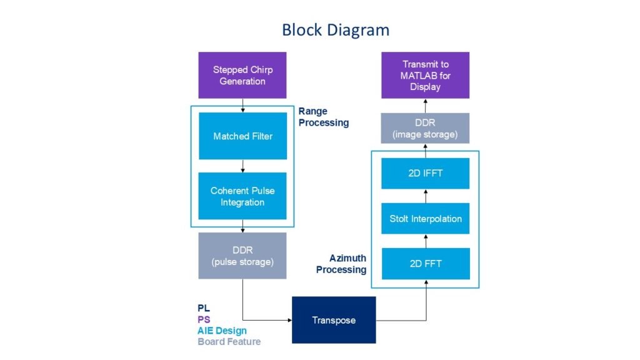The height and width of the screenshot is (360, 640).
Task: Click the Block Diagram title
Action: [335, 29]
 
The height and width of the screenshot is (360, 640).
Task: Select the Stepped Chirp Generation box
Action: [242, 76]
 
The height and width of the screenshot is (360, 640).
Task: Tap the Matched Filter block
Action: [242, 136]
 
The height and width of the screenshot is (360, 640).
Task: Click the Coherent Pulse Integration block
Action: [242, 196]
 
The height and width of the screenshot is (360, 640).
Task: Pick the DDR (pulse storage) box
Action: [242, 256]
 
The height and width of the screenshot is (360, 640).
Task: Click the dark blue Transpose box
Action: [334, 320]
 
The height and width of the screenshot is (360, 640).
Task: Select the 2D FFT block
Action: [425, 264]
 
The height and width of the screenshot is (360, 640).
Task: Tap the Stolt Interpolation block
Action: [425, 219]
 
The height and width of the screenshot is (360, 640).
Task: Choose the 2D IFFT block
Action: [425, 173]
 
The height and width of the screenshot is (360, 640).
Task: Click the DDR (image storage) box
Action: [425, 128]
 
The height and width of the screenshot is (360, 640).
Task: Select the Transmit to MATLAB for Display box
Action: [425, 76]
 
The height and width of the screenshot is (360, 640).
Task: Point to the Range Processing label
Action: [323, 117]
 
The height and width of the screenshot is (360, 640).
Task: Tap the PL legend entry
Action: [203, 308]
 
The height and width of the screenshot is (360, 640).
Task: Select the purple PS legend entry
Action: [204, 319]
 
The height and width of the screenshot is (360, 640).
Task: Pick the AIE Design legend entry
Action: [222, 331]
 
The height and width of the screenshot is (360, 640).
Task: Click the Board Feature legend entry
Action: [229, 342]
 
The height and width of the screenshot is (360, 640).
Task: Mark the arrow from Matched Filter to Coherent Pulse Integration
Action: [242, 166]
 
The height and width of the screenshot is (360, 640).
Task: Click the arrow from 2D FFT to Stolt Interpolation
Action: [425, 241]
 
